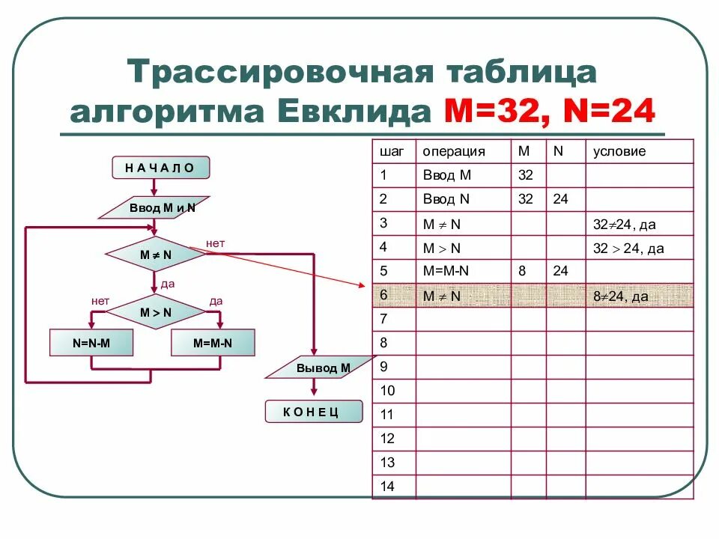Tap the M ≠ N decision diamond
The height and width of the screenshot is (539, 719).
point(156,255)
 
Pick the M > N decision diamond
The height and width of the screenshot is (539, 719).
point(156,312)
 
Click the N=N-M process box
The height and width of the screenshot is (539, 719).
point(91,343)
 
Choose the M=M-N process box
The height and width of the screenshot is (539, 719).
point(213,343)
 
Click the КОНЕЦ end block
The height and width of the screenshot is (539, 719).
point(313,412)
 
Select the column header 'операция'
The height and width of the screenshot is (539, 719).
point(454,151)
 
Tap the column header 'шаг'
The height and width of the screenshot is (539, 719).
point(392,151)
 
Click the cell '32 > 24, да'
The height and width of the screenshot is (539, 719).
point(628,249)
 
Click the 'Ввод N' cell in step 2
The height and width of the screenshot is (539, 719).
point(446,199)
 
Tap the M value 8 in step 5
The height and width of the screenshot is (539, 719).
point(522,272)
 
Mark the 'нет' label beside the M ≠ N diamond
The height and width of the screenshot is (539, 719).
point(216,243)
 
